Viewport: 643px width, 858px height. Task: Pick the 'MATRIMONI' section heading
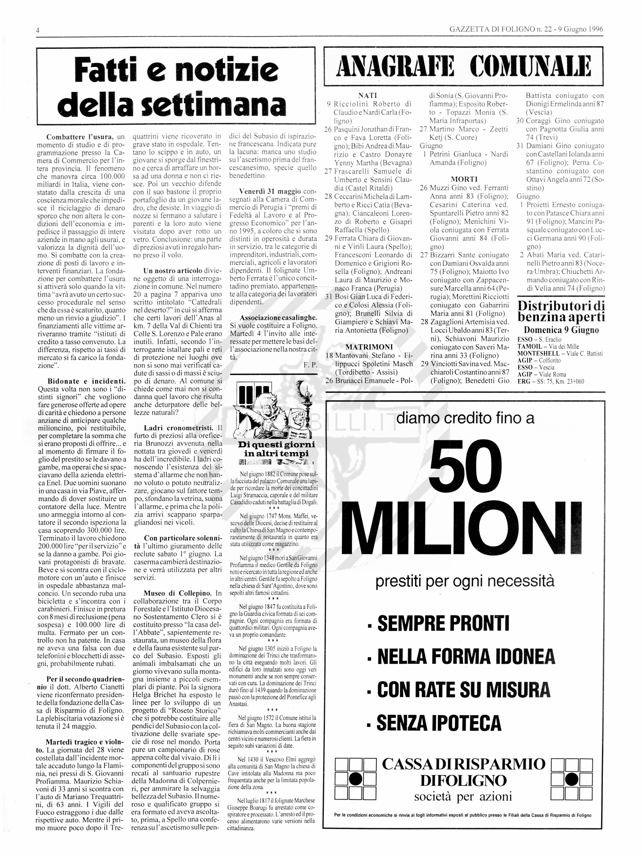pos(369,347)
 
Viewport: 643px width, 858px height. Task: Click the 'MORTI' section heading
pos(464,179)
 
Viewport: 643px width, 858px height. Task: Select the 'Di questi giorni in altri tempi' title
pos(276,449)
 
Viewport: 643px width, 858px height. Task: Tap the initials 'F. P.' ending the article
pos(310,365)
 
